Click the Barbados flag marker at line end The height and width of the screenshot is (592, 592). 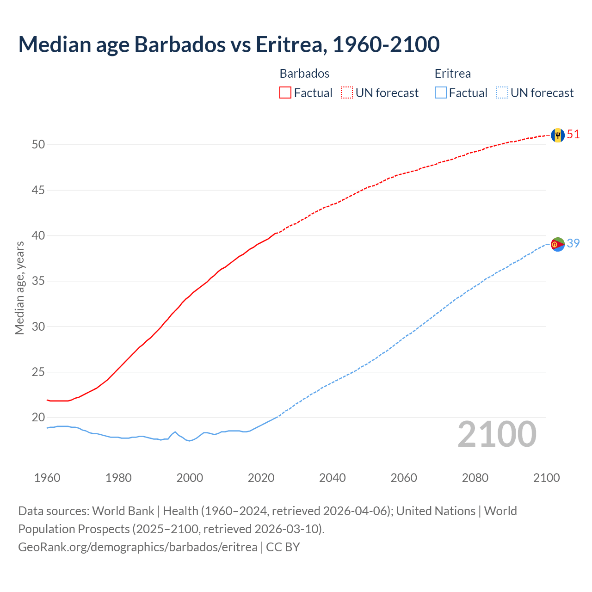coord(558,135)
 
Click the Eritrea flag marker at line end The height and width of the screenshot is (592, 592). coord(558,244)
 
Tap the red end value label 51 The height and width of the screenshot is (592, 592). coord(573,135)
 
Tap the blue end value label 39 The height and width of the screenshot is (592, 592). coord(573,243)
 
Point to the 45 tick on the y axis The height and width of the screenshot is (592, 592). coord(38,190)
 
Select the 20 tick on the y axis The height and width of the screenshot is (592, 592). coord(38,418)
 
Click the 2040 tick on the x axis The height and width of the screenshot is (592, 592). coord(332,478)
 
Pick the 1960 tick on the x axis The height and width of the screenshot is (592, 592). coord(47,478)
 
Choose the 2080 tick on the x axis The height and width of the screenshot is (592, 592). coord(475,478)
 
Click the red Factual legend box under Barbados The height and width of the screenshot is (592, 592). coord(285,93)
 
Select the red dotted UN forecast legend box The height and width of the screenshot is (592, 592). coord(347,93)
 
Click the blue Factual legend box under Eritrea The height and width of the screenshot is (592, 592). coord(441,93)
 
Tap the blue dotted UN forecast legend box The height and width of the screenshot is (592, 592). coord(502,93)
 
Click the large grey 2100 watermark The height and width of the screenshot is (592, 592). coord(497,434)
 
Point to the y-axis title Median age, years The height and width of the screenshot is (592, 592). coord(19,288)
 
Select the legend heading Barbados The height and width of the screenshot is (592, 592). coord(304,74)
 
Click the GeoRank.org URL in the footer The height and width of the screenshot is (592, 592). coord(137,547)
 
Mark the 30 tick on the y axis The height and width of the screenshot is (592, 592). coord(38,327)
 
